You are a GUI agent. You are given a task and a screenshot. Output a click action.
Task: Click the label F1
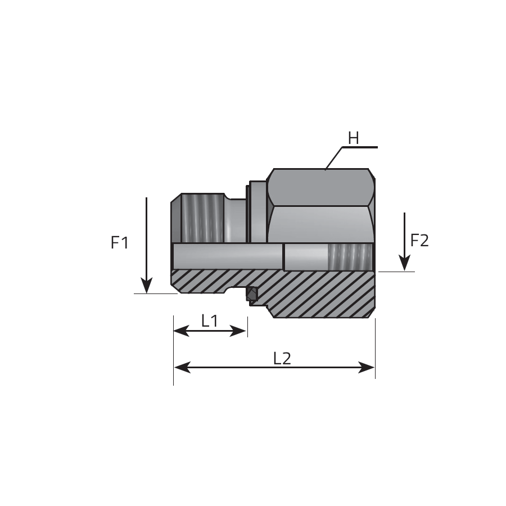[x=120, y=243]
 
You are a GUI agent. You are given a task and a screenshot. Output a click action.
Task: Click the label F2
[x=419, y=241]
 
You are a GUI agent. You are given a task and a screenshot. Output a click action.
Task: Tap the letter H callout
[x=354, y=139]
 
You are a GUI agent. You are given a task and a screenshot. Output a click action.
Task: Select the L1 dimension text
[x=210, y=321]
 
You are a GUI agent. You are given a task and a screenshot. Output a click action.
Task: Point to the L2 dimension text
[x=282, y=359]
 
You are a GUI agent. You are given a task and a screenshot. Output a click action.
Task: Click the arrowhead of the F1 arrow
[x=147, y=286]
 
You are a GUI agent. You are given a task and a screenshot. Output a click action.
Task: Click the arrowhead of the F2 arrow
[x=404, y=263]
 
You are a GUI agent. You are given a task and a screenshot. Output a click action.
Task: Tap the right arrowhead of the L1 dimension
[x=238, y=331]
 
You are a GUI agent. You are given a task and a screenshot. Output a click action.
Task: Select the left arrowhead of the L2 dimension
[x=182, y=367]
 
